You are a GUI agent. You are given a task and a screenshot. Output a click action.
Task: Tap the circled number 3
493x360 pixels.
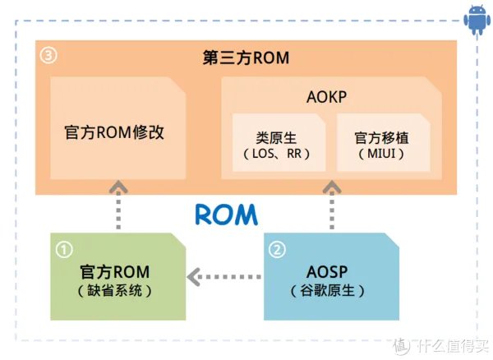pos(48,58)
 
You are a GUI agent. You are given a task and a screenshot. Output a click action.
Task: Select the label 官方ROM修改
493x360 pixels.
pos(114,132)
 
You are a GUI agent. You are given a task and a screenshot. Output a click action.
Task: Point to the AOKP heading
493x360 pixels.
pos(328,96)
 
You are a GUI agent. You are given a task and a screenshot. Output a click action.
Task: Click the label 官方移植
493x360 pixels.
pos(380,137)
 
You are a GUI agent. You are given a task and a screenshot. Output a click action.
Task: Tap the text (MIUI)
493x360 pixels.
pos(380,154)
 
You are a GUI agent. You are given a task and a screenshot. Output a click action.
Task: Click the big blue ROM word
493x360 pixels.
pos(226,215)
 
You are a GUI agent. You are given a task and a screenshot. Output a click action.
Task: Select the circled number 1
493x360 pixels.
pos(63,247)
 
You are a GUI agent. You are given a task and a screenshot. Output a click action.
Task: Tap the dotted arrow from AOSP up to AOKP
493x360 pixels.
pos(333,205)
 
